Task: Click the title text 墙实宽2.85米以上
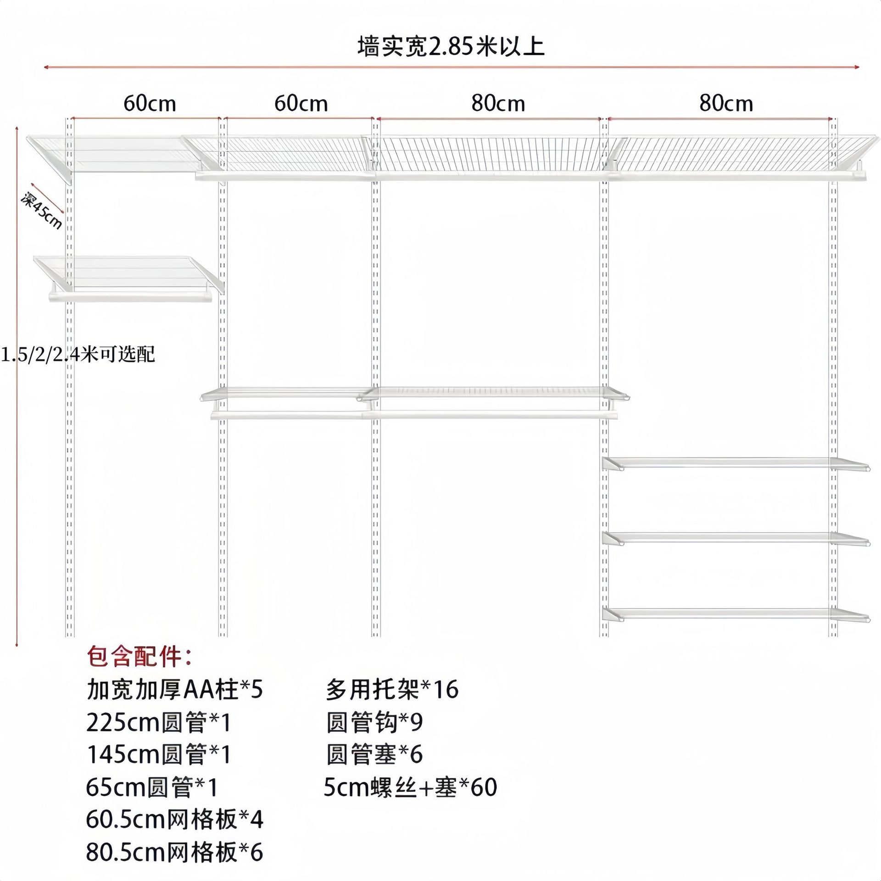pyautogui.click(x=451, y=47)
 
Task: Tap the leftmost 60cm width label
pyautogui.click(x=150, y=104)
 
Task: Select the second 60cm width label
pyautogui.click(x=301, y=104)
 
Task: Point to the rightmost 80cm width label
pyautogui.click(x=726, y=104)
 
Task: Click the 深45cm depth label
pyautogui.click(x=42, y=212)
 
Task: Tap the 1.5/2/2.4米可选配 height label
pyautogui.click(x=78, y=355)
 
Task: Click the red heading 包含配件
pyautogui.click(x=140, y=657)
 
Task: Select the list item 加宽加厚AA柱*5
pyautogui.click(x=175, y=690)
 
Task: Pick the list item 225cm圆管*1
pyautogui.click(x=158, y=723)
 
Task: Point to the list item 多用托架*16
pyautogui.click(x=392, y=690)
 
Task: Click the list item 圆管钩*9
pyautogui.click(x=374, y=723)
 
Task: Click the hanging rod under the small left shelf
pyautogui.click(x=131, y=298)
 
